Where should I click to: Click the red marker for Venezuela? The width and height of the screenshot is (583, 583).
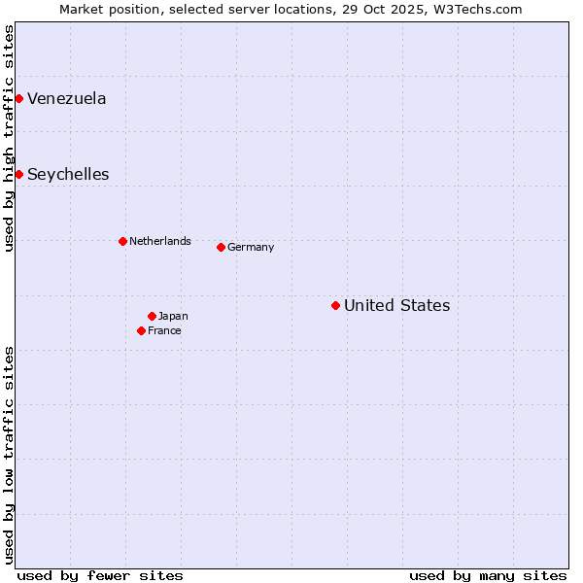click(x=18, y=98)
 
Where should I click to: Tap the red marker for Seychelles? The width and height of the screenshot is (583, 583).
click(x=18, y=174)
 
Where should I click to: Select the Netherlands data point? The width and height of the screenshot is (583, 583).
click(x=122, y=241)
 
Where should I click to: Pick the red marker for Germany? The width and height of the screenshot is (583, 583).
click(x=221, y=247)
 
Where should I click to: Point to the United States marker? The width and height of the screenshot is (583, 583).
click(x=335, y=305)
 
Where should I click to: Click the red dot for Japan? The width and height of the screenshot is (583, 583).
click(x=152, y=316)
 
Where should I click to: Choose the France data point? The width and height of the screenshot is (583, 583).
click(x=141, y=330)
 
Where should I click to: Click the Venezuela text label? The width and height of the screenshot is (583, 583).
click(x=67, y=98)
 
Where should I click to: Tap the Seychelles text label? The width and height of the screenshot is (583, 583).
click(x=68, y=175)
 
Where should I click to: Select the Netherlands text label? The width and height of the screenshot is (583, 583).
click(x=160, y=241)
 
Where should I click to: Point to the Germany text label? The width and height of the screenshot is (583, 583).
click(x=251, y=247)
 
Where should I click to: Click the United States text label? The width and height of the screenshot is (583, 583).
click(x=396, y=305)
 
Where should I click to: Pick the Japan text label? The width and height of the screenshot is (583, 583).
click(x=173, y=316)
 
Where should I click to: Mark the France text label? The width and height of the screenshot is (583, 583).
click(x=164, y=330)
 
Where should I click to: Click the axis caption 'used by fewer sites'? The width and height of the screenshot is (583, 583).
click(x=100, y=575)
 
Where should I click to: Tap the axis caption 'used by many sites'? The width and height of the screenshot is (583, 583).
click(x=488, y=575)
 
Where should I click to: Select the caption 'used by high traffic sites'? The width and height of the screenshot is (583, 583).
click(x=9, y=138)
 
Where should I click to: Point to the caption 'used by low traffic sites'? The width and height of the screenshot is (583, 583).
click(x=9, y=455)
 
